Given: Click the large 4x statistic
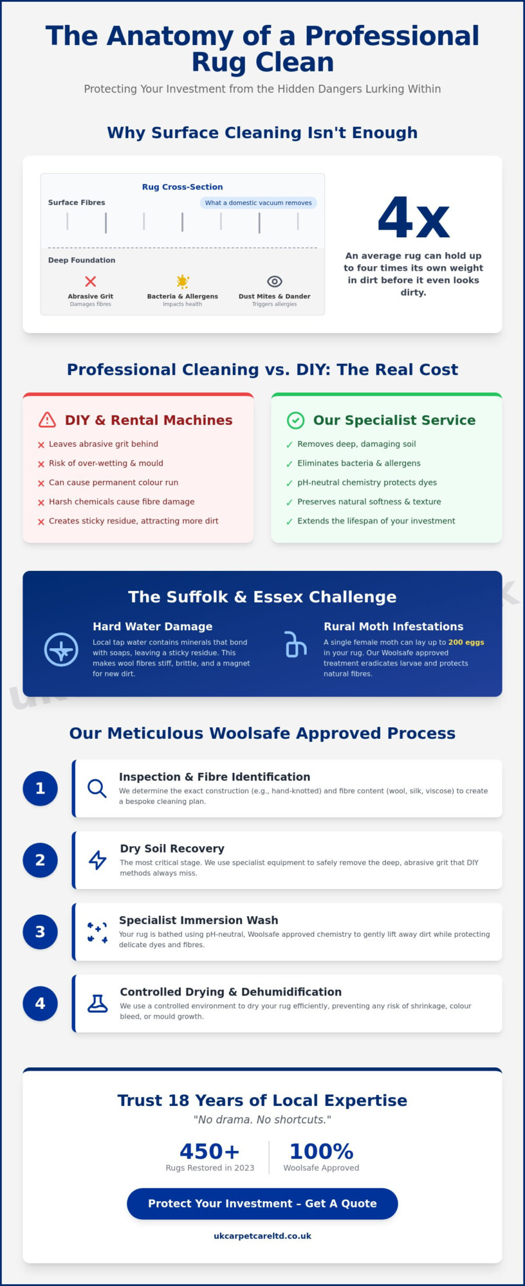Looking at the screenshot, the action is [413, 218].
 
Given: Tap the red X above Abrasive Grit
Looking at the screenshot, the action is [91, 281].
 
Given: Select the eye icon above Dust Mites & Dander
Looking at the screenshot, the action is [275, 281].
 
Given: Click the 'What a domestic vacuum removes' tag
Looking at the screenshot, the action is [258, 203].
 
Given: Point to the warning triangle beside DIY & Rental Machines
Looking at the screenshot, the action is [47, 420].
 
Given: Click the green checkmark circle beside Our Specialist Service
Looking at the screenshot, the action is [295, 420].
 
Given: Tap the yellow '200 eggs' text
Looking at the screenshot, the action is [466, 642].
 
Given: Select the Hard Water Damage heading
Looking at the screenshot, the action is [152, 626].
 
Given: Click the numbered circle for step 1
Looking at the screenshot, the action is [40, 788].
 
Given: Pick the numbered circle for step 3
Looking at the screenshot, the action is [40, 932].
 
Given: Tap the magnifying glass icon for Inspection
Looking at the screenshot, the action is [97, 788].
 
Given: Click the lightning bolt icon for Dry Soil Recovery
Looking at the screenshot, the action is [98, 860].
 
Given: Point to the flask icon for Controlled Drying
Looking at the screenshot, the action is [98, 1003].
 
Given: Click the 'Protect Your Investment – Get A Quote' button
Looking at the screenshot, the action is [262, 1204].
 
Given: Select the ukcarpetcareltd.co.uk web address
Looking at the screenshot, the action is [262, 1236].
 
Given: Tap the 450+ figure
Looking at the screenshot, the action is [210, 1151].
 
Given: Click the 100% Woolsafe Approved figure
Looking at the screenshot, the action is [321, 1151].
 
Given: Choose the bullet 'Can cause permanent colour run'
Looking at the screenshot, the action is [108, 482].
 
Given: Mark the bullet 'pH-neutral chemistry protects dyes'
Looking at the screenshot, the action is [362, 482].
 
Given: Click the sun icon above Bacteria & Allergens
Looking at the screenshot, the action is [183, 281].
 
